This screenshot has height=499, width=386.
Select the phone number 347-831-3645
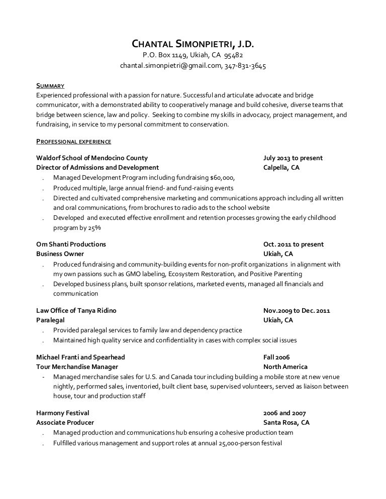[246, 66]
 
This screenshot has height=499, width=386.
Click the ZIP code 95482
[234, 55]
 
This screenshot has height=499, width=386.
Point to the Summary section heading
[50, 85]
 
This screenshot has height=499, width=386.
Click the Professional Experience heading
[74, 141]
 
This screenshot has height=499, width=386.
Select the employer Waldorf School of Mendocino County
[92, 158]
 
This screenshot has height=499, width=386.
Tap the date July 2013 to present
[293, 158]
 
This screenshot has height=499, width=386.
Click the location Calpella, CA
[281, 168]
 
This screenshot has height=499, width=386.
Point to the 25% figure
[94, 227]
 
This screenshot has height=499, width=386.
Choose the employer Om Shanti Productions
[71, 244]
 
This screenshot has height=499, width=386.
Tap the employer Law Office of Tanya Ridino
[76, 311]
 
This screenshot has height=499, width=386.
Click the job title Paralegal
[50, 320]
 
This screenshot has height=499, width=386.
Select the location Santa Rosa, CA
[286, 423]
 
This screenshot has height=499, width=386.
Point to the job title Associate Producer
[65, 423]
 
